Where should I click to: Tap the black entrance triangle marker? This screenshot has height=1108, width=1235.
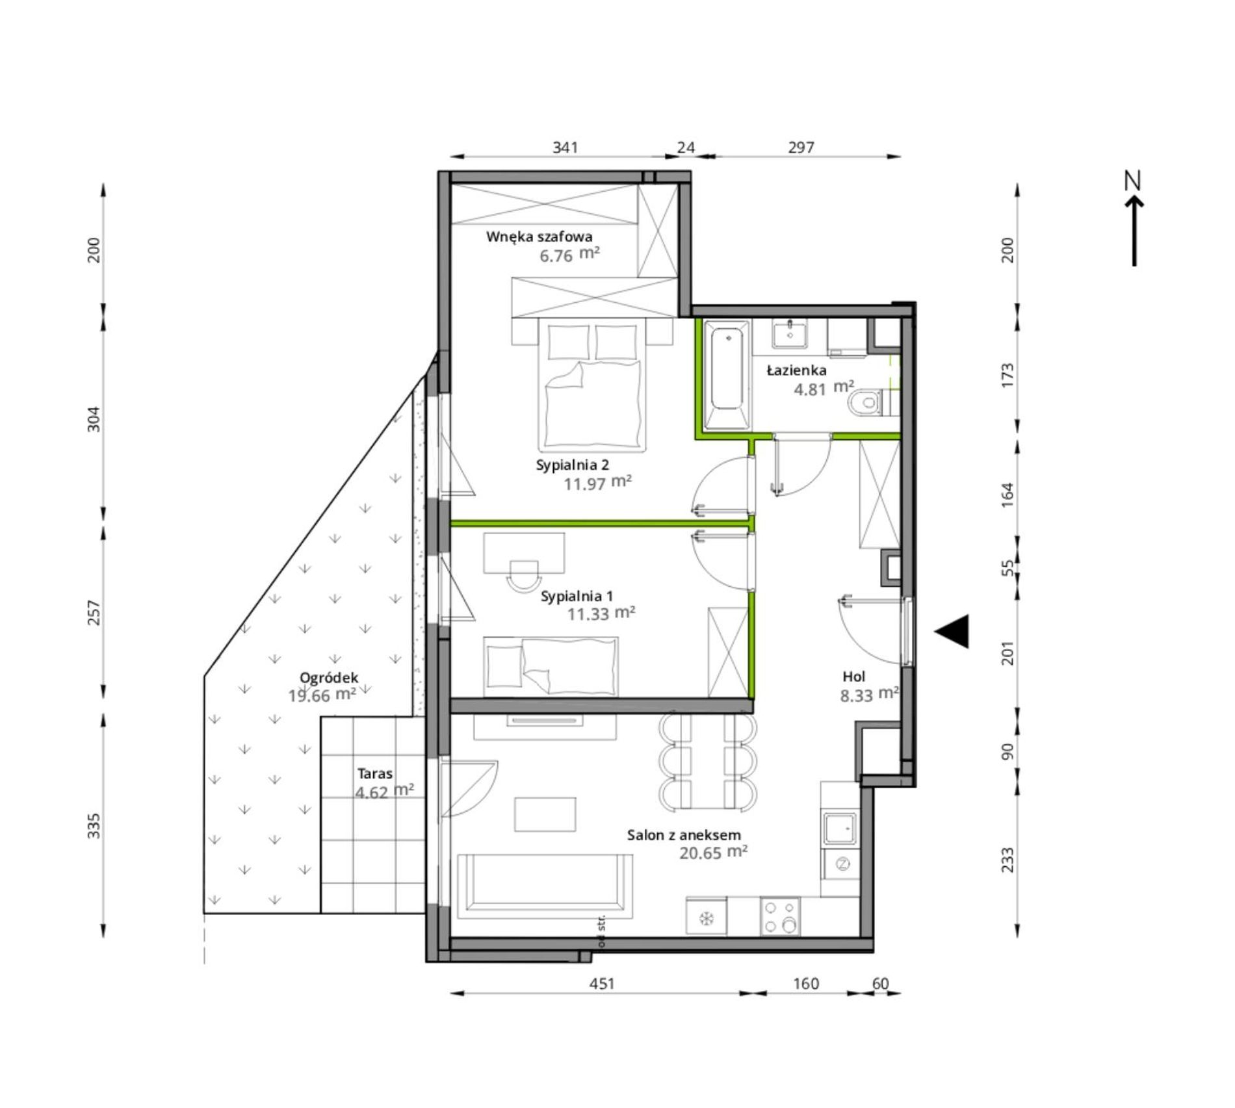[x=952, y=631]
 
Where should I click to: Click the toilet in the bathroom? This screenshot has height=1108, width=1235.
[x=864, y=404]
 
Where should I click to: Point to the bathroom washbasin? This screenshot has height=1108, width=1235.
[x=790, y=334]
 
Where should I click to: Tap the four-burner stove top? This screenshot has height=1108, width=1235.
[x=780, y=916]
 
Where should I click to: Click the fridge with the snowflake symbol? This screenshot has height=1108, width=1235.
[x=707, y=917]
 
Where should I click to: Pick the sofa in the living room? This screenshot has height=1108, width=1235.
[x=545, y=886]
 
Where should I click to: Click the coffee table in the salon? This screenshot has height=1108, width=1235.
[x=545, y=814]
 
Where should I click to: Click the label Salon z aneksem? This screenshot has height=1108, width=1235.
[x=684, y=835]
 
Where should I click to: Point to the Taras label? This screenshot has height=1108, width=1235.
[x=375, y=773]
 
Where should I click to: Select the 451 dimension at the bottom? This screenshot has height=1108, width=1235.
[x=602, y=983]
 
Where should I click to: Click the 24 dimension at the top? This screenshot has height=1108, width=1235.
[x=686, y=148]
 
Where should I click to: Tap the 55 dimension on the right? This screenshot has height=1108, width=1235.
[x=1007, y=568]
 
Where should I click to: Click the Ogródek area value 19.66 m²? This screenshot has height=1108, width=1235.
[x=322, y=695]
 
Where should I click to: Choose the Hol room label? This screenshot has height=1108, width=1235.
[x=854, y=676]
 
